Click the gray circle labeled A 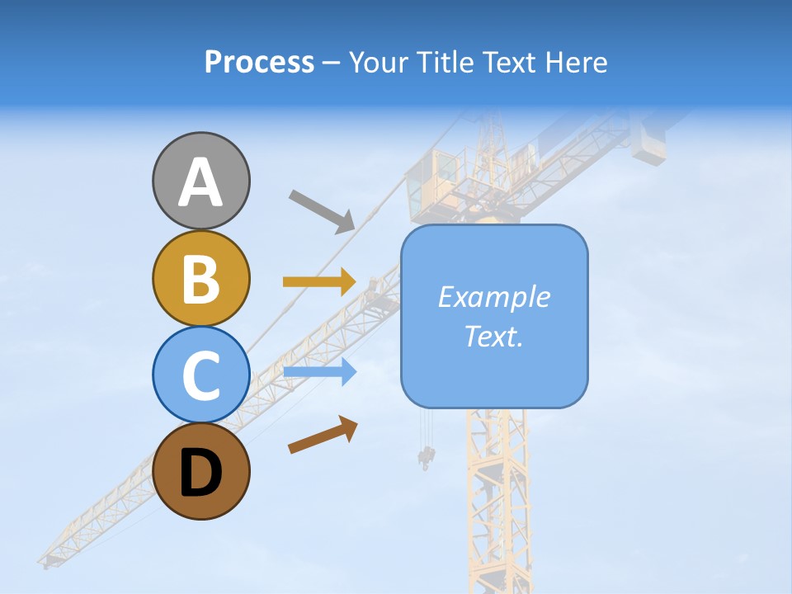pyautogui.click(x=200, y=181)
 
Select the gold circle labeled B pyautogui.click(x=200, y=278)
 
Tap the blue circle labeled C pyautogui.click(x=200, y=375)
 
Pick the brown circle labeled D pyautogui.click(x=200, y=471)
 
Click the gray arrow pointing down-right pyautogui.click(x=322, y=210)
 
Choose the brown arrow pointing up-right pyautogui.click(x=323, y=435)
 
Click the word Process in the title pyautogui.click(x=259, y=62)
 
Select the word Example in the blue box pyautogui.click(x=493, y=297)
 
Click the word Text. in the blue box pyautogui.click(x=493, y=336)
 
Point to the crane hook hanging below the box pyautogui.click(x=427, y=456)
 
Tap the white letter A pyautogui.click(x=200, y=182)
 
